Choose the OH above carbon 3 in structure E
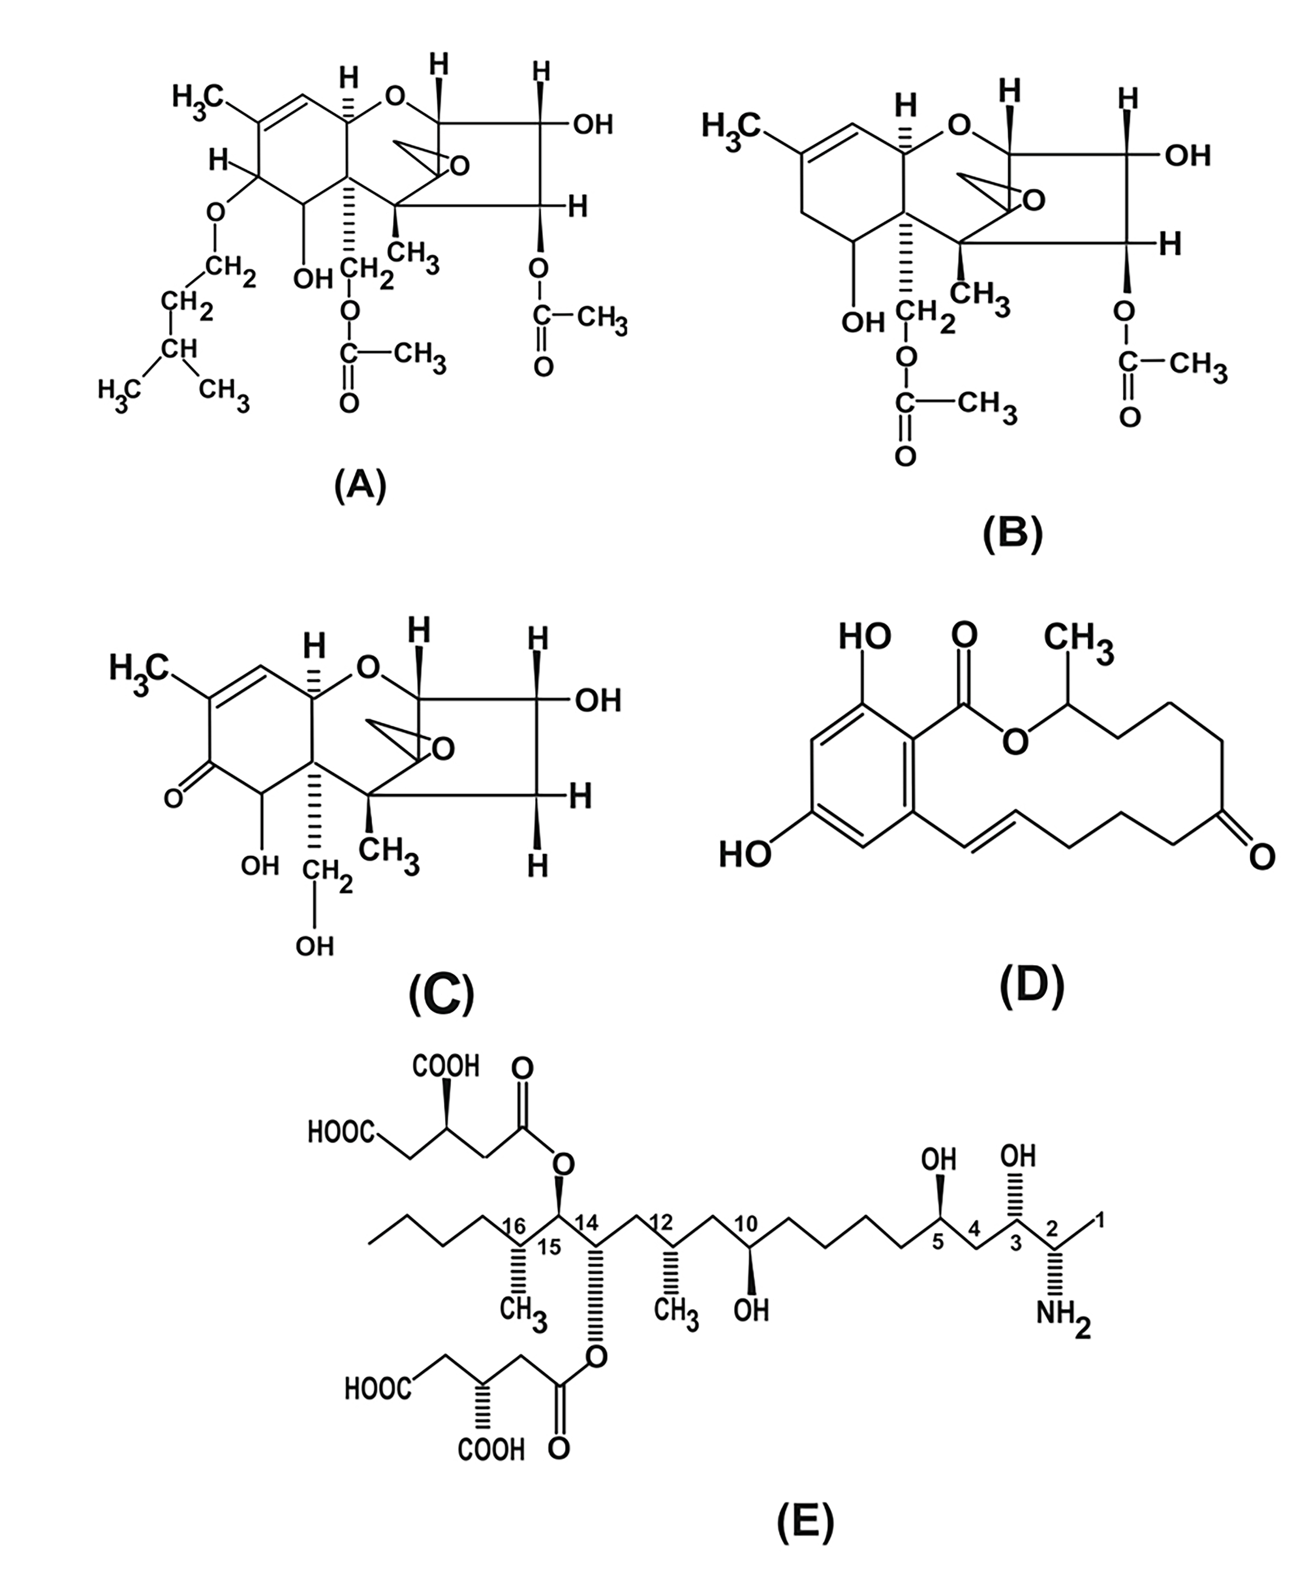pos(1018,1155)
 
